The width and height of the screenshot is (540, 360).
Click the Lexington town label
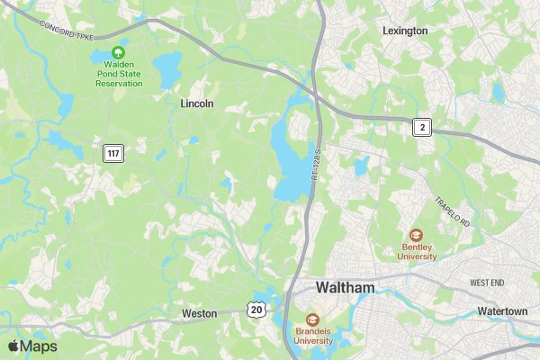pos(405,30)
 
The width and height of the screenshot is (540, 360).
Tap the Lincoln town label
pos(197,103)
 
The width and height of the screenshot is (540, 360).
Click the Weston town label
pos(199,313)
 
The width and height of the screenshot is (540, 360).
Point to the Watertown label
pos(502,311)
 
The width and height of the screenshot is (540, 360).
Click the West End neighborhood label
pos(487,283)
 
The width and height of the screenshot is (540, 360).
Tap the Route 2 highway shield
pos(422,127)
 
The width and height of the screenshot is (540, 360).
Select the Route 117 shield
pos(112,153)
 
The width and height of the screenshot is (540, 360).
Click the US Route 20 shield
pos(257,310)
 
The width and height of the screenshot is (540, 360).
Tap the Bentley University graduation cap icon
pos(417,235)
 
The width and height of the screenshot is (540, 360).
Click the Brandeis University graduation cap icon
pos(312,319)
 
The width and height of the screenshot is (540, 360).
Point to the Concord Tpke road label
pos(67,28)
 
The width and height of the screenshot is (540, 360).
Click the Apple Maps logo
pos(32,346)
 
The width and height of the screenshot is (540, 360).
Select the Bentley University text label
pos(418,251)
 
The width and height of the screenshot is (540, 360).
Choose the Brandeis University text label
pos(313,336)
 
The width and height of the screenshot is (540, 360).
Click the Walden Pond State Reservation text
pos(119,74)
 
